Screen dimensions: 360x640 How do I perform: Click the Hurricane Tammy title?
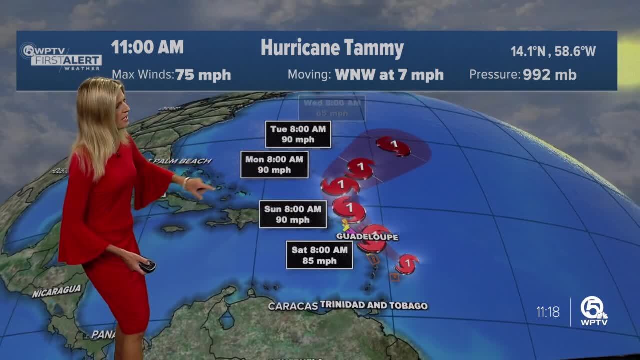(332, 49)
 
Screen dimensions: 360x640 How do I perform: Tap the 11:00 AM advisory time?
(147, 47)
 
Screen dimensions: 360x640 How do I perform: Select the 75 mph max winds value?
(203, 75)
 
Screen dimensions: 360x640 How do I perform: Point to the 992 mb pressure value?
(549, 75)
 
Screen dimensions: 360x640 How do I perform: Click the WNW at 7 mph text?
(389, 75)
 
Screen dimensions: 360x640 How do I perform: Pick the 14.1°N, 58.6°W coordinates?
(553, 51)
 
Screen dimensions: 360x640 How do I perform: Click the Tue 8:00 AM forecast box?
(298, 134)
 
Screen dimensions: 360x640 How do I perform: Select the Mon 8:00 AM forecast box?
(274, 164)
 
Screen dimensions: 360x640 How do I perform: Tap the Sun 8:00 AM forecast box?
(293, 214)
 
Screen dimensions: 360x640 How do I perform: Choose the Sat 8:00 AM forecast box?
(319, 255)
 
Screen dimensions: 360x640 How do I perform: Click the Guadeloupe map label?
(360, 236)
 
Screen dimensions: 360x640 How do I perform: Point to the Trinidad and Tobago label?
(374, 305)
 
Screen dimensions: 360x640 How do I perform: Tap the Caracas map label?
(293, 306)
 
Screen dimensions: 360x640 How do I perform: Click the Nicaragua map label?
(57, 291)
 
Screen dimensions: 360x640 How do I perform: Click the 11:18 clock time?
(548, 312)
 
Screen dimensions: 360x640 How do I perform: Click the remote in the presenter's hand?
(148, 266)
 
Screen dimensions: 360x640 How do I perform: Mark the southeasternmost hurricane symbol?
(407, 263)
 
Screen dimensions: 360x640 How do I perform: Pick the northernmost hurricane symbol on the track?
(394, 145)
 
